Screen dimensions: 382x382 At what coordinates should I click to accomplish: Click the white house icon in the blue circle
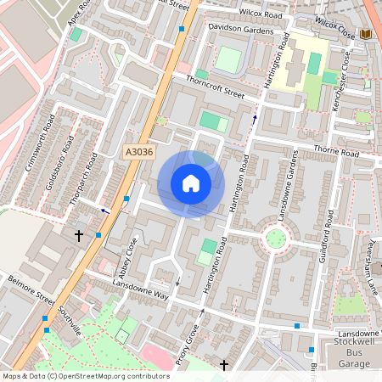[191, 183]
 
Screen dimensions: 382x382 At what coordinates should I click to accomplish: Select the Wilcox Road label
[261, 14]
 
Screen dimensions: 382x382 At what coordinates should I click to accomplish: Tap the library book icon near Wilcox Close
[367, 33]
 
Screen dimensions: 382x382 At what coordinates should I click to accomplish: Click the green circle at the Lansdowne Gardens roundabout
[276, 237]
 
